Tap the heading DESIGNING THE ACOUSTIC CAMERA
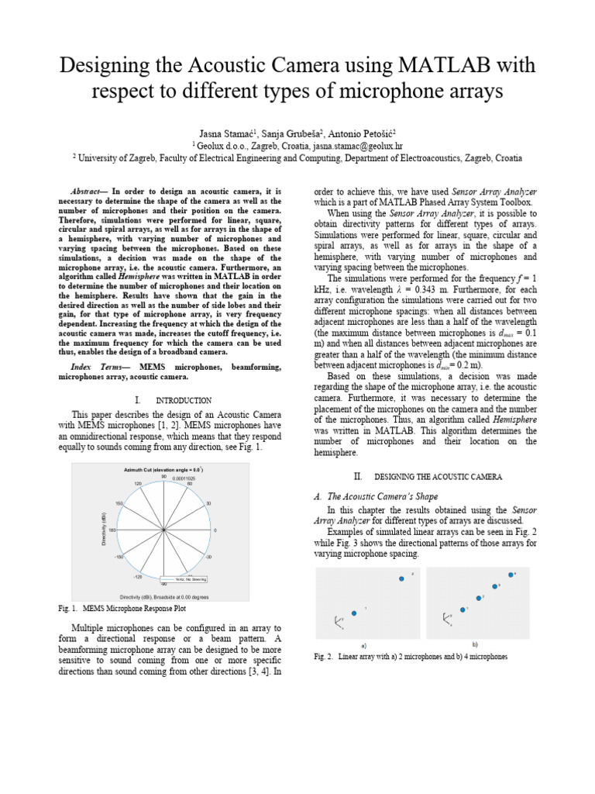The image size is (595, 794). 439,475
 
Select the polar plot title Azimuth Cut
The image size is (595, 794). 162,471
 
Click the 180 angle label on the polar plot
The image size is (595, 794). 112,530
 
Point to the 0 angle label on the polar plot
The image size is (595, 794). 215,530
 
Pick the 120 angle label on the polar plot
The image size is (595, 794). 138,483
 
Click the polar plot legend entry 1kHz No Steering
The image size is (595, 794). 185,578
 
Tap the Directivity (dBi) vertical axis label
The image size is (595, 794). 103,530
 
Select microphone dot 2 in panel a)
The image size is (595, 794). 401,578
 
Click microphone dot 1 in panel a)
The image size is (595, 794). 354,613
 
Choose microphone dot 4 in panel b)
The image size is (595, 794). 511,575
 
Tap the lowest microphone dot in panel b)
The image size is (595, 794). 463,609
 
